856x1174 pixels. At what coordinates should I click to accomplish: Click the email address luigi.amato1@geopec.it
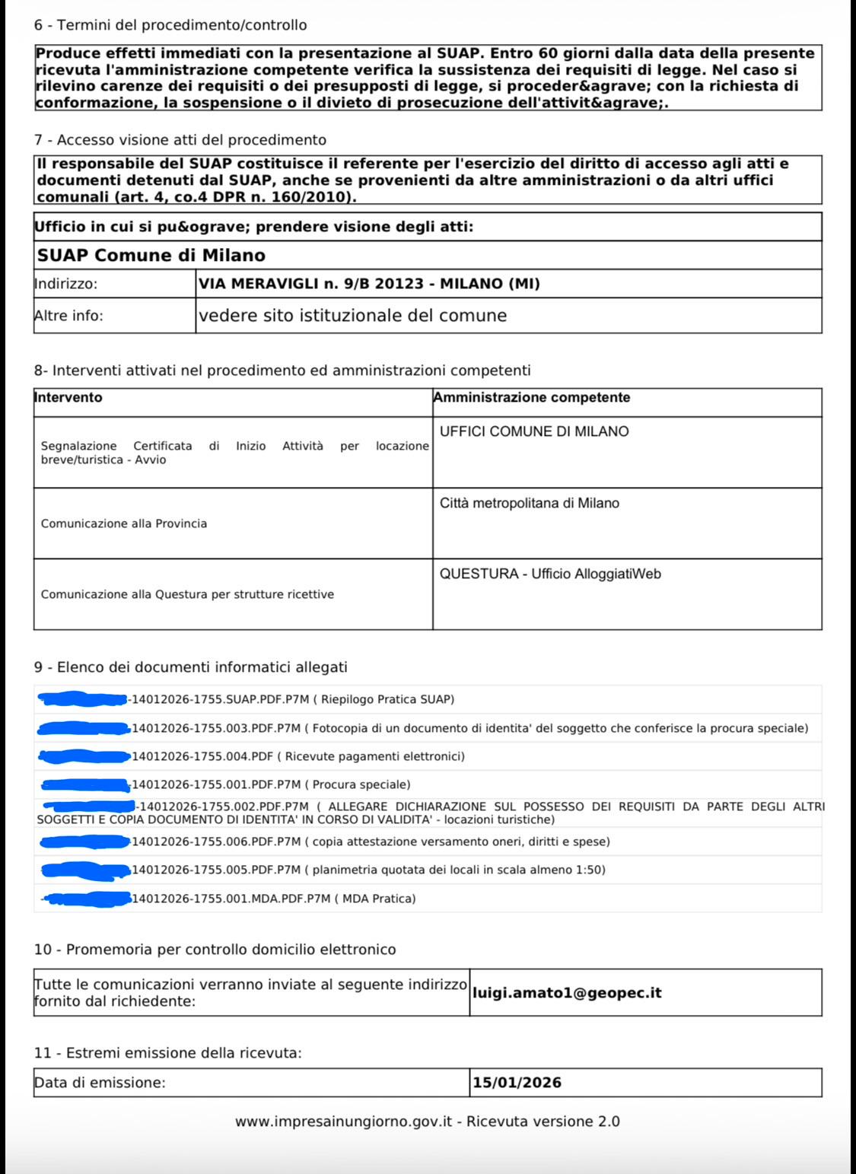click(567, 993)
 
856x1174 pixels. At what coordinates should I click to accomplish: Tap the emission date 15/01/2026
click(517, 1083)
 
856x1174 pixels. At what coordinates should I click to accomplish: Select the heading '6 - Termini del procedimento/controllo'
click(170, 25)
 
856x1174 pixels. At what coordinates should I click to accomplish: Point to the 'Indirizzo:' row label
click(66, 284)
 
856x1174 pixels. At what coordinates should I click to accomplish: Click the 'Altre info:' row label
click(68, 316)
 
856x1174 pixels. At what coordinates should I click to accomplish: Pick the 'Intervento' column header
click(68, 398)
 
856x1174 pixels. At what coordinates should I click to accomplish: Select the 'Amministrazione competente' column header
click(531, 398)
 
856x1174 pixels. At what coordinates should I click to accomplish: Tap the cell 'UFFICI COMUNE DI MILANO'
click(534, 431)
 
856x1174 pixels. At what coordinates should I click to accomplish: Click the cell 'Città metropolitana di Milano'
click(530, 503)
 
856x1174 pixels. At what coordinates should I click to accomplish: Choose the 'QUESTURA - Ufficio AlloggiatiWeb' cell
click(550, 574)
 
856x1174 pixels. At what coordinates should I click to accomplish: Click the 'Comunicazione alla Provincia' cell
click(124, 523)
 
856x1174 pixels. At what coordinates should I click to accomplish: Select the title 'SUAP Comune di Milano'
click(151, 255)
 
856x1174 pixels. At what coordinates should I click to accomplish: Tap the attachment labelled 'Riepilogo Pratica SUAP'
click(293, 699)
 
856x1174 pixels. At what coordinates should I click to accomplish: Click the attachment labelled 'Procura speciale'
click(272, 784)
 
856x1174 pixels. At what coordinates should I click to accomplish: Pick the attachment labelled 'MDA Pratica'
click(275, 899)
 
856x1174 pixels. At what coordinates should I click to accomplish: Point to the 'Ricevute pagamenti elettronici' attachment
click(298, 756)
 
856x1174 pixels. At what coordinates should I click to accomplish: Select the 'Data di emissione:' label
click(100, 1083)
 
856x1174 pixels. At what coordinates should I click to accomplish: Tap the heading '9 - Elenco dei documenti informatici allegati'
click(190, 667)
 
